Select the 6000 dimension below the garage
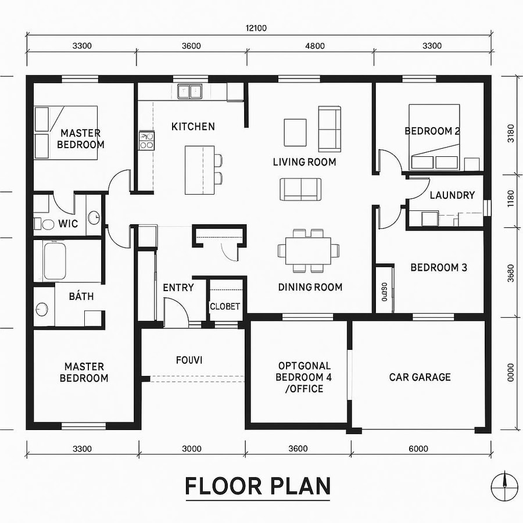coord(418,448)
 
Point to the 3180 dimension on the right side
coord(511,133)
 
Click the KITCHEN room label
coord(193,126)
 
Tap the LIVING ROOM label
coord(304,162)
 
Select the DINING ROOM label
coord(310,286)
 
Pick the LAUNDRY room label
coord(452,195)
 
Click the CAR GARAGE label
coord(420,377)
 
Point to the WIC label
coord(67,223)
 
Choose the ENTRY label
coord(178,287)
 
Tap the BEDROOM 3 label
coord(439,267)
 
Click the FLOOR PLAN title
coord(257,486)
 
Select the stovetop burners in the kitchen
coord(146,141)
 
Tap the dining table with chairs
coord(309,250)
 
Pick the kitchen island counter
coord(199,170)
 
